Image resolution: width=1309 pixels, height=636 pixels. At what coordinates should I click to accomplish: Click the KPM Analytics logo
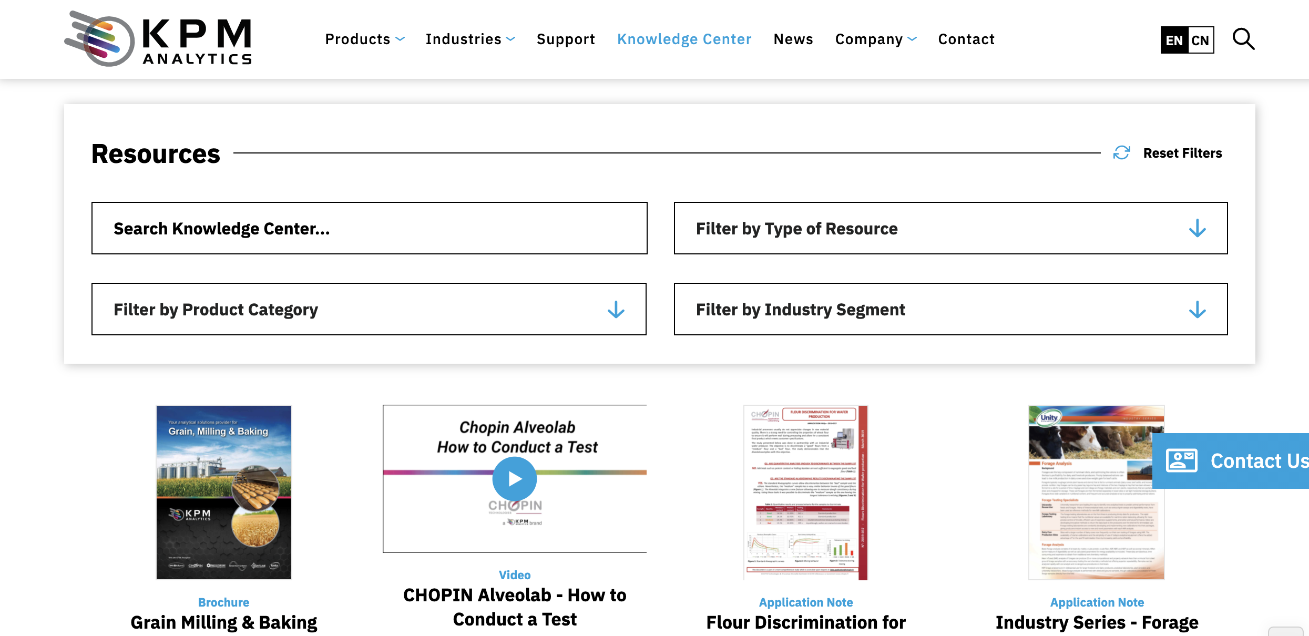click(x=158, y=39)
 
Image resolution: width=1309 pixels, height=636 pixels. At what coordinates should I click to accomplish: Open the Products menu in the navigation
click(x=364, y=39)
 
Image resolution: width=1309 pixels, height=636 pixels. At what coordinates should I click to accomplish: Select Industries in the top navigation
click(x=470, y=39)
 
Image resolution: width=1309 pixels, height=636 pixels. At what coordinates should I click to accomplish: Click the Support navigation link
click(x=566, y=39)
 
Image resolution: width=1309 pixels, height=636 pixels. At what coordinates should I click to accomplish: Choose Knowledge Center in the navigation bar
click(x=684, y=39)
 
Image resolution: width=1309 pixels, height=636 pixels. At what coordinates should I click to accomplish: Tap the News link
click(x=793, y=39)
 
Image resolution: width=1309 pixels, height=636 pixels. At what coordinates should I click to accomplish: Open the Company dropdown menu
click(x=876, y=39)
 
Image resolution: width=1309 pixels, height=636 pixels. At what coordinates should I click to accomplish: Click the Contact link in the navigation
click(x=966, y=39)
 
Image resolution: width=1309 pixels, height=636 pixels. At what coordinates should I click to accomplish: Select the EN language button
click(x=1174, y=40)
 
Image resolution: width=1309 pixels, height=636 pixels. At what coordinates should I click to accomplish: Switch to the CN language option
click(x=1200, y=40)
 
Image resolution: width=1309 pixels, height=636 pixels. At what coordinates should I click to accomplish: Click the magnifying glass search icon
click(x=1243, y=39)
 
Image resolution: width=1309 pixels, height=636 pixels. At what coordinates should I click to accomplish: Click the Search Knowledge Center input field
click(x=369, y=229)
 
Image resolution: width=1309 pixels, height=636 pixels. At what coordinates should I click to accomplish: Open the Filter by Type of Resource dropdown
click(x=950, y=229)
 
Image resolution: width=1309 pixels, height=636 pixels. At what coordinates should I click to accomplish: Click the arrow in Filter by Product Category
click(x=616, y=310)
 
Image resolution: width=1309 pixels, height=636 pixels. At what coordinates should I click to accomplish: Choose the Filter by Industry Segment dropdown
click(x=950, y=310)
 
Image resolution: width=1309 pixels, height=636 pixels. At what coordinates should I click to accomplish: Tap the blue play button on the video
click(x=515, y=479)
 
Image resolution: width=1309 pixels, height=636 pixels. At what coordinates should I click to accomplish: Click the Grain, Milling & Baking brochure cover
click(x=224, y=492)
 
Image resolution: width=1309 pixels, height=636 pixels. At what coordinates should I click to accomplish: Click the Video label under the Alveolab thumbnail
click(x=515, y=575)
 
